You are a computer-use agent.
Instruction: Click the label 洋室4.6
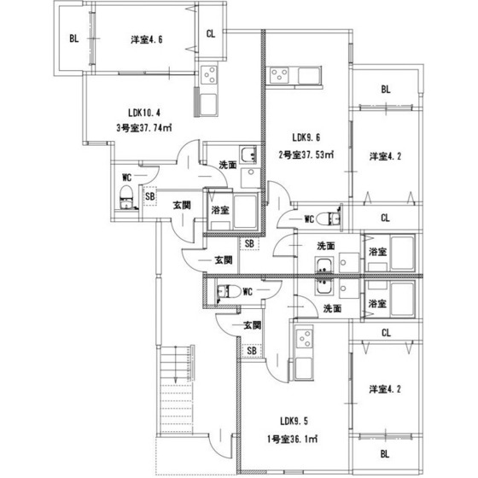[147, 39]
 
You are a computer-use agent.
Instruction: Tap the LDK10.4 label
[144, 113]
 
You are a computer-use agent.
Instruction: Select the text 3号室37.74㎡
[144, 128]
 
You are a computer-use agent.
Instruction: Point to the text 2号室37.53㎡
[306, 154]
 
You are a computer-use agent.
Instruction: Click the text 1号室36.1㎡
[292, 440]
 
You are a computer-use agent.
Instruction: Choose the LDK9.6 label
[306, 137]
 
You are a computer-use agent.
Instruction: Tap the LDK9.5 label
[294, 422]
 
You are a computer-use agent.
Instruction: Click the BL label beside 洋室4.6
[74, 38]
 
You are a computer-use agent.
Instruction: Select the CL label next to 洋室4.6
[211, 33]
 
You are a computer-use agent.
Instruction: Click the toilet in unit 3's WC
[126, 197]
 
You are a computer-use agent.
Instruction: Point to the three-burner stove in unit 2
[279, 75]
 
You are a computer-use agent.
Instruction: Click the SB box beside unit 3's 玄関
[149, 196]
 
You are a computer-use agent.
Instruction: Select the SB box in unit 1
[252, 351]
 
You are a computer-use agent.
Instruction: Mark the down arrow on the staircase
[176, 364]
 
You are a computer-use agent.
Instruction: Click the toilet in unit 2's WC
[329, 219]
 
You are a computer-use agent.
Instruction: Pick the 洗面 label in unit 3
[228, 166]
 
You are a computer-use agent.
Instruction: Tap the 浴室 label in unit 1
[377, 304]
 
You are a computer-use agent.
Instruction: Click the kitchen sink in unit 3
[209, 104]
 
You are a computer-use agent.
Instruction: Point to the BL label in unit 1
[385, 454]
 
